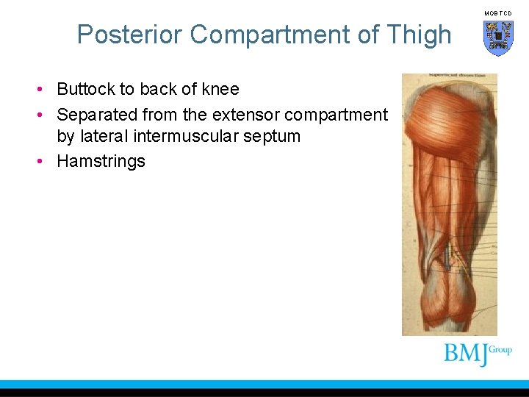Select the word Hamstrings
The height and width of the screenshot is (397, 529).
pos(101,162)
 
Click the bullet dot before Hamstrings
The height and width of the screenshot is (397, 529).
pos(45,162)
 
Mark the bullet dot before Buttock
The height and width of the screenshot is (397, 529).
pos(45,90)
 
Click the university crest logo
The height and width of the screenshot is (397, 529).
pos(497,37)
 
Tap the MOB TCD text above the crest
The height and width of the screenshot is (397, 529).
pos(497,13)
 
